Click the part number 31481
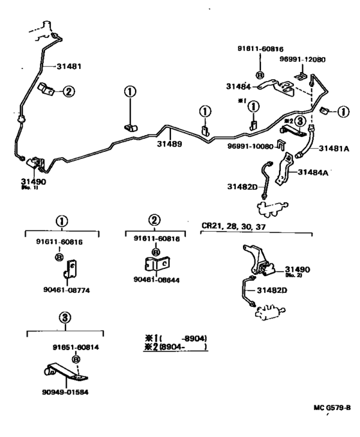70,66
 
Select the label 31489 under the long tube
170,144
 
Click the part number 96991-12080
302,60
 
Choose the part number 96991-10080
250,146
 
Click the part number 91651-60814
76,347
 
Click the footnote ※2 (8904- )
176,348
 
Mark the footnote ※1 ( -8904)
176,339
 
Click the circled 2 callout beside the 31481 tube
69,91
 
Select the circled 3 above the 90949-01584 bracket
65,317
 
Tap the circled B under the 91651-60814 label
76,358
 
